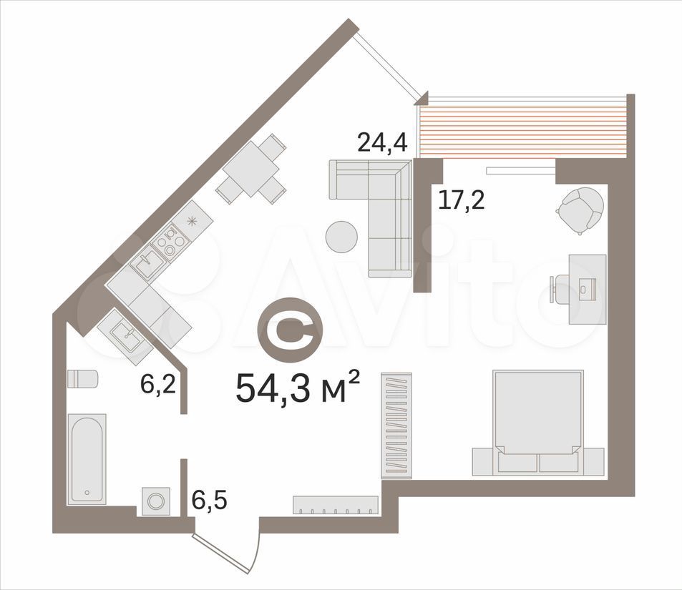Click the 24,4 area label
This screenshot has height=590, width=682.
(382, 142)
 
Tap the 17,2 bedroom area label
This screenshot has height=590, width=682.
(461, 200)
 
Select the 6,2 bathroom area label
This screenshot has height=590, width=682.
(158, 384)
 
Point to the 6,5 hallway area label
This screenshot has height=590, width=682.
(209, 501)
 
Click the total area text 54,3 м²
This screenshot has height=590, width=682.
(298, 388)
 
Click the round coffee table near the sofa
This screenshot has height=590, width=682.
(342, 237)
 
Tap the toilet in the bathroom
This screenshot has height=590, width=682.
(82, 379)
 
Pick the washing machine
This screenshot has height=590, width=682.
(156, 501)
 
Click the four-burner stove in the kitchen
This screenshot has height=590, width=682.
(170, 241)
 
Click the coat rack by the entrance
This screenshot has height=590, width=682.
(336, 505)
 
